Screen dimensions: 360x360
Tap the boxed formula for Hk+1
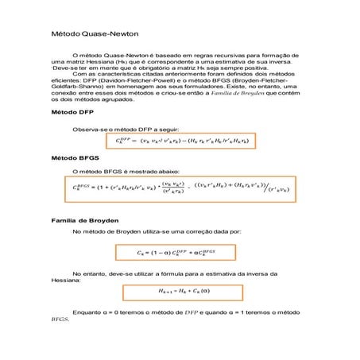pos(185,292)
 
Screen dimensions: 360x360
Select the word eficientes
pos(64,80)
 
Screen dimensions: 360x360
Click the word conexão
pos(64,93)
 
